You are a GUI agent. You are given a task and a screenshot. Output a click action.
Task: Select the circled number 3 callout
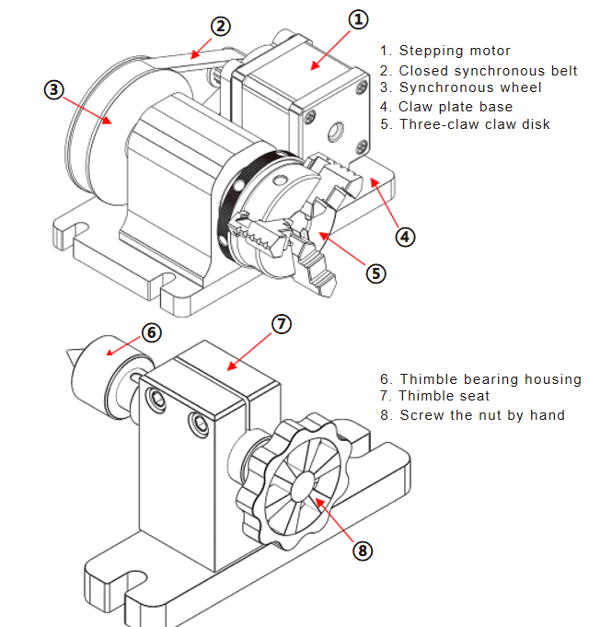54,89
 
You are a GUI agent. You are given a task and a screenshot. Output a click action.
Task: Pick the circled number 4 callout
406,236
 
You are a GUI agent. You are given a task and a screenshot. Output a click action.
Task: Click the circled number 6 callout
152,331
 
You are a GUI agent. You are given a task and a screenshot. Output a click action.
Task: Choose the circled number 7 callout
283,323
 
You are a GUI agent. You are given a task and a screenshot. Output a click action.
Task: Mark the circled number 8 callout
364,550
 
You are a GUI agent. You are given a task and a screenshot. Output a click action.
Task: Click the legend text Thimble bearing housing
480,378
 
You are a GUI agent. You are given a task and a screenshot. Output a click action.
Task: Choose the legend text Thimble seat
438,396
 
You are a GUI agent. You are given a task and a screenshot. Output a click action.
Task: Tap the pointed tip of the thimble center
71,355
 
